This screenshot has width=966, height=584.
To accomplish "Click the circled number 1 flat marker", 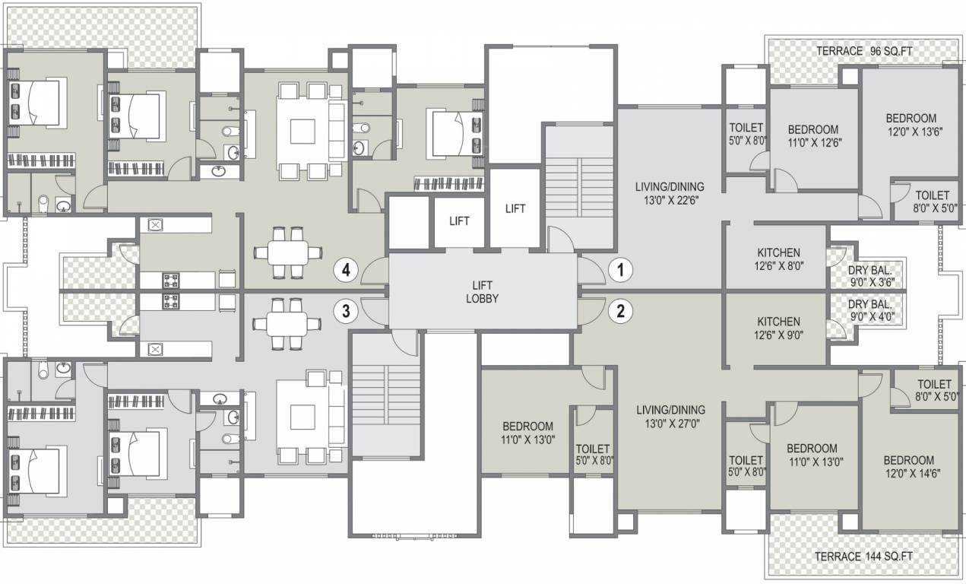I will tap(621, 269).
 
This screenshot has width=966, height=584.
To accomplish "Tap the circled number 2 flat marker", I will tap(621, 310).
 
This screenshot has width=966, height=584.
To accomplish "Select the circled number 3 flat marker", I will tap(346, 310).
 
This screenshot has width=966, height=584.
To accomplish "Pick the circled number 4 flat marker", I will tap(346, 269).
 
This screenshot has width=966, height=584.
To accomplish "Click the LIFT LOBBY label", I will tap(482, 292).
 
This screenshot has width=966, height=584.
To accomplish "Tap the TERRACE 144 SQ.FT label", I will tap(863, 557).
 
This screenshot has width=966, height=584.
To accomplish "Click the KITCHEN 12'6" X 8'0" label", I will tap(778, 259).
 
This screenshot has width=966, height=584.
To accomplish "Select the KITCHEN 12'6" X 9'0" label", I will tap(778, 328).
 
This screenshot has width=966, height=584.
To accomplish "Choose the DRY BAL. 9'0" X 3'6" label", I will tap(870, 275).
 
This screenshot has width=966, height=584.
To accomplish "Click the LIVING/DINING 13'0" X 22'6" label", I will tap(670, 193).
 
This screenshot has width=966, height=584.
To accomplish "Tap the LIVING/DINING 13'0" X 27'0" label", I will tap(670, 416).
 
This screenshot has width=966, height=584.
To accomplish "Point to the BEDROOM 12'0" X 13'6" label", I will tap(911, 125).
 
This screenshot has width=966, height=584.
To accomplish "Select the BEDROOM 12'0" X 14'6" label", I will tap(908, 467).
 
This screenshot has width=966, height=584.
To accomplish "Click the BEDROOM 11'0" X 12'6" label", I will tap(812, 135).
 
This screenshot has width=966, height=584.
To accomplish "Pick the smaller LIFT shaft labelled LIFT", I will tap(459, 221).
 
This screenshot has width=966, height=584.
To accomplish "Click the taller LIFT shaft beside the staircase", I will tap(515, 208).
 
